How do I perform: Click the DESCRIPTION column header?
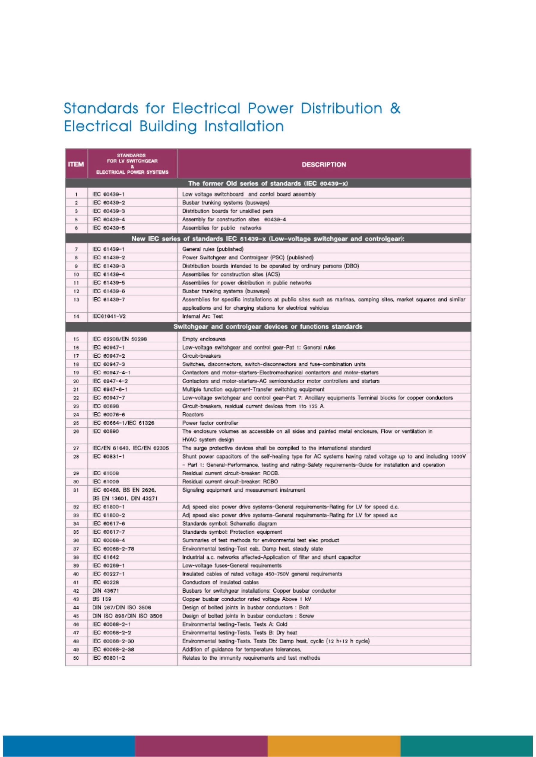pos(323,164)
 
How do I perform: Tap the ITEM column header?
pos(76,164)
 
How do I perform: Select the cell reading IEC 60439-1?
pos(109,194)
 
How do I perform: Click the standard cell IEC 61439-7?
pos(109,299)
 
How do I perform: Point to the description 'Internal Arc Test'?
pos(202,316)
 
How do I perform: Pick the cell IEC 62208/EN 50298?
pos(120,339)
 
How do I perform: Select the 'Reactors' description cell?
pos(193,414)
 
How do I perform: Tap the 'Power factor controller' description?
pos(210,423)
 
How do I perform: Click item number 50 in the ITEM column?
pos(76,658)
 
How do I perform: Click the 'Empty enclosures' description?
pos(204,339)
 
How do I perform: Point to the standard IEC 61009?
pos(106,482)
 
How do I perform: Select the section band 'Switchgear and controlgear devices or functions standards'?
pos(268,327)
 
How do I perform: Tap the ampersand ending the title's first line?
pos(395,108)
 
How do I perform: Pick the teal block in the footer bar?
pos(468,746)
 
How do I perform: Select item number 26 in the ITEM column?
pos(76,431)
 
